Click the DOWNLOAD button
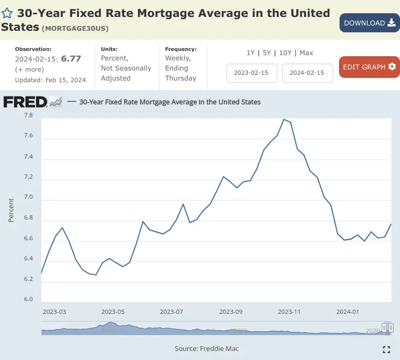(x=369, y=23)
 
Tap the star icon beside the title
(x=7, y=14)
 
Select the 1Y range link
(x=250, y=53)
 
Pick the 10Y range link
(x=285, y=53)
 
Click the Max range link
(x=306, y=53)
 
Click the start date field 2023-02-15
(x=252, y=73)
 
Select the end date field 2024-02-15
(x=308, y=73)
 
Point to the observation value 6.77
(x=71, y=59)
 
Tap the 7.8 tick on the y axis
(x=28, y=115)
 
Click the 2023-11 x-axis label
(x=290, y=312)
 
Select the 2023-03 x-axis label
(x=54, y=312)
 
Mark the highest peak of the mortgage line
(x=284, y=119)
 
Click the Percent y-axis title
(x=11, y=210)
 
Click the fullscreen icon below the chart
(x=386, y=349)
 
